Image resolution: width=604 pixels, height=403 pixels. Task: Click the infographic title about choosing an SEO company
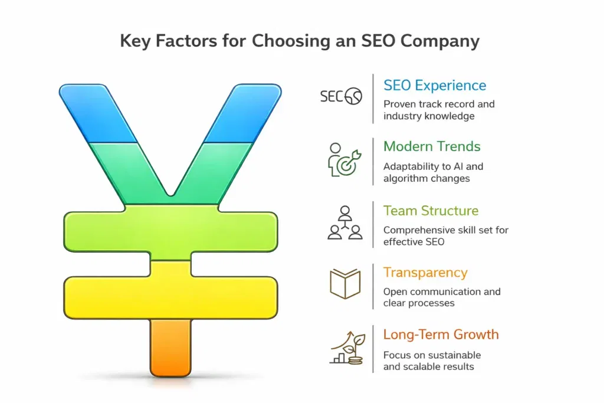(x=300, y=41)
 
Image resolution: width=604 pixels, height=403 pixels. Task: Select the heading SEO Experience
(x=435, y=86)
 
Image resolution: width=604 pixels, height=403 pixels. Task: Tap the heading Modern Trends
(x=432, y=146)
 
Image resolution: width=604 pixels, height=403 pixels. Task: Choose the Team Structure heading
(x=431, y=211)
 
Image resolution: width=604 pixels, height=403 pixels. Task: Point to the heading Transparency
(x=425, y=273)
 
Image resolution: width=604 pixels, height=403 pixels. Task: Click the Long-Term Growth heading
(x=441, y=335)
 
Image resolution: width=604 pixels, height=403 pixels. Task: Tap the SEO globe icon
(x=341, y=96)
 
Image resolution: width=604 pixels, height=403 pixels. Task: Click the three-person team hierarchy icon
(x=344, y=223)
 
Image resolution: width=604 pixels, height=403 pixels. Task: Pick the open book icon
(x=344, y=283)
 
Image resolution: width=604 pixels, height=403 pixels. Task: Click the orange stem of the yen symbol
(x=170, y=348)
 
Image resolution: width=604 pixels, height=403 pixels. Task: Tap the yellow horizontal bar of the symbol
(x=170, y=290)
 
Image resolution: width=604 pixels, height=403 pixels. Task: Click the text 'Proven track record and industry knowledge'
(x=439, y=110)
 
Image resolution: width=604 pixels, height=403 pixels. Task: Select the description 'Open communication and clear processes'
(x=442, y=297)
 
